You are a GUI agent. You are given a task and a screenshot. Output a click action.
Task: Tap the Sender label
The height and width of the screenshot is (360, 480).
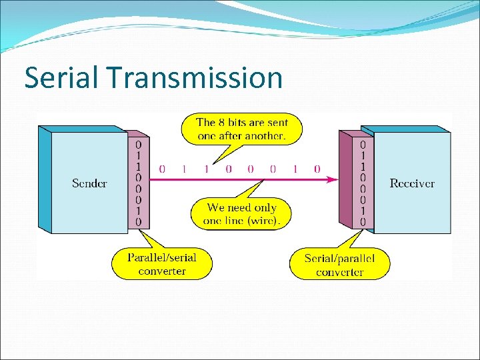(89, 183)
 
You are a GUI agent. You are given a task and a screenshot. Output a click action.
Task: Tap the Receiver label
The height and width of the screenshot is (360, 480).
(412, 183)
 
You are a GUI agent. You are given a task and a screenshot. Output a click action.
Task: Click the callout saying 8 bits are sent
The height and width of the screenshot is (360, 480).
(241, 129)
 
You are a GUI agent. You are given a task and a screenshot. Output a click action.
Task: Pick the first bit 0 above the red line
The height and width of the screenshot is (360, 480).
(162, 169)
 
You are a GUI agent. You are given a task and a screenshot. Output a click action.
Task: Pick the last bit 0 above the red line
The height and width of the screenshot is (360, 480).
(317, 169)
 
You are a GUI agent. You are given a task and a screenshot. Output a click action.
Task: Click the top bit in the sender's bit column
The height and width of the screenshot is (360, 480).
(139, 144)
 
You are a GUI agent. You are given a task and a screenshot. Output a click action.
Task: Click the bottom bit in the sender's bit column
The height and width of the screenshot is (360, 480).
(139, 221)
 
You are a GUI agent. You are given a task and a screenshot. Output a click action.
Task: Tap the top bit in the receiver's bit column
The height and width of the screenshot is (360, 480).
(363, 144)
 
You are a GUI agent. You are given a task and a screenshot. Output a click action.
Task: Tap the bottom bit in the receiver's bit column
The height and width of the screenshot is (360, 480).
(363, 221)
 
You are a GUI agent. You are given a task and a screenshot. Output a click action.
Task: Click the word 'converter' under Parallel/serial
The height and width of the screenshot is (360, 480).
(162, 271)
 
